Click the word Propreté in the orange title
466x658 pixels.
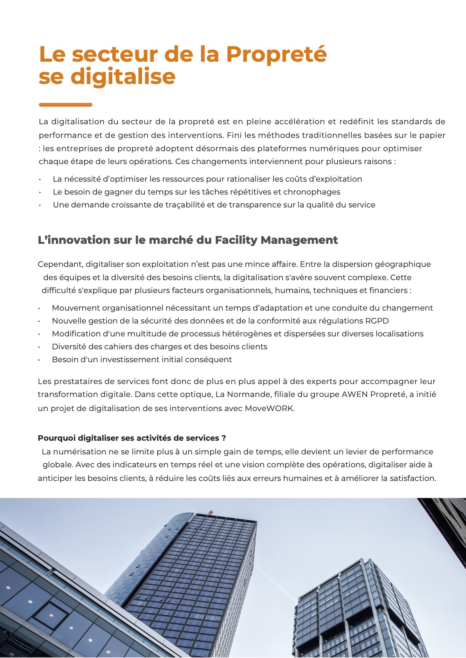(x=276, y=54)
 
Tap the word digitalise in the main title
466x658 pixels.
(x=123, y=77)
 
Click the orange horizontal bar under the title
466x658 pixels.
(x=65, y=105)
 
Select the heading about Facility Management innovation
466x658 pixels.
(x=188, y=240)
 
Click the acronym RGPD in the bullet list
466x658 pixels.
(x=377, y=321)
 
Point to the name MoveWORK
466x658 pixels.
(x=269, y=408)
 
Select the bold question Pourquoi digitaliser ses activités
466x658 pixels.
(x=132, y=438)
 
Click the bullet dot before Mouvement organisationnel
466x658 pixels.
(x=40, y=308)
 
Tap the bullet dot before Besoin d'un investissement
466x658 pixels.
(x=40, y=360)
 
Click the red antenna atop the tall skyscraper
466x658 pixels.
(x=211, y=511)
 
